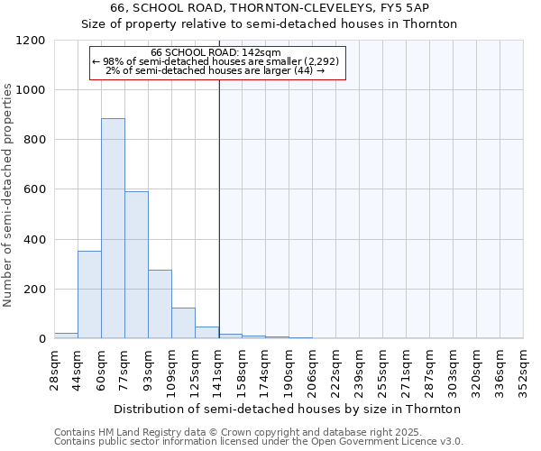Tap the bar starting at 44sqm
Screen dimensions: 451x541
(89, 294)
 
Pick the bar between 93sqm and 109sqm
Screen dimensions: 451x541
(160, 304)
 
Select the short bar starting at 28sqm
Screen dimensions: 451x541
(66, 336)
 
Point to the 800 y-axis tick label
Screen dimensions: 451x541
(34, 140)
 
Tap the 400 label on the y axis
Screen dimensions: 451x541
(34, 240)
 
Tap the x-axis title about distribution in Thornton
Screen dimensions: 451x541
(288, 409)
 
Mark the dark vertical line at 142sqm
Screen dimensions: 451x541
(219, 207)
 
